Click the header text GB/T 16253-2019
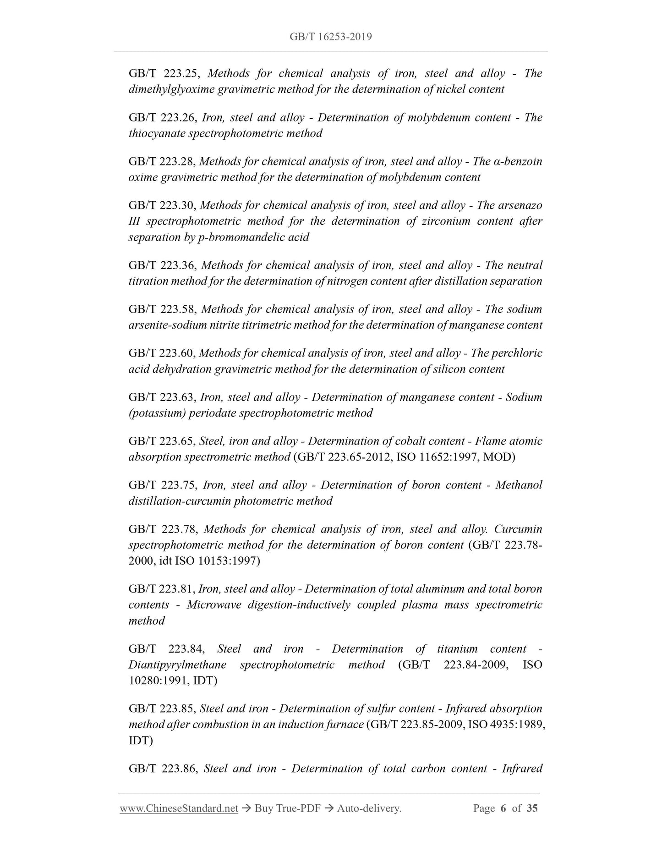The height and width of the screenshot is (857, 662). point(330,37)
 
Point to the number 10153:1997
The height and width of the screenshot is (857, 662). point(228,561)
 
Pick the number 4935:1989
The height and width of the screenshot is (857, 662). point(515,725)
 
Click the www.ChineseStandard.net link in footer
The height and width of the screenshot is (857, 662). point(179,809)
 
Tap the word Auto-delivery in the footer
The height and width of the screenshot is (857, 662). point(369,809)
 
